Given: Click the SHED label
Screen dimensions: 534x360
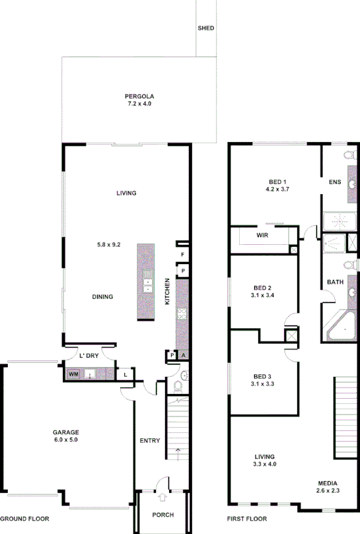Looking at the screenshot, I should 206,28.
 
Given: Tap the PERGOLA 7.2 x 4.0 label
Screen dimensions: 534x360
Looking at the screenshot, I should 139,100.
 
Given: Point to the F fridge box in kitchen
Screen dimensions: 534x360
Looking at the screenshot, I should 182,254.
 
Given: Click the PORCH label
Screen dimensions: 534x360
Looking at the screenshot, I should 162,516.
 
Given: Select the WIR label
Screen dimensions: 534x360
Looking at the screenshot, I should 262,235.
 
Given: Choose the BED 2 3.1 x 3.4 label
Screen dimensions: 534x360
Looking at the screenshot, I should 262,291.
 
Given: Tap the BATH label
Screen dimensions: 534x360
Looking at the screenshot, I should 335,283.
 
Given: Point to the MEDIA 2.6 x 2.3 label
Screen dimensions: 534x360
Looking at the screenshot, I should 328,486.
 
